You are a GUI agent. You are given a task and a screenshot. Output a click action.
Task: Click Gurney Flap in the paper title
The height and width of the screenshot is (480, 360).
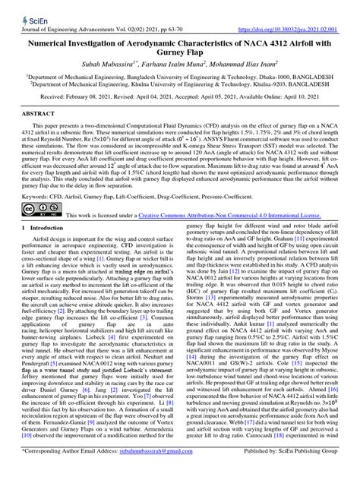(x=180, y=44)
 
